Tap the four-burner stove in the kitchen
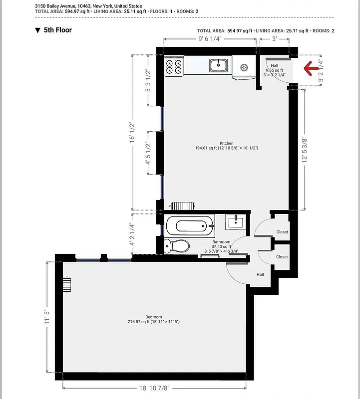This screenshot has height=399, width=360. coord(175,67)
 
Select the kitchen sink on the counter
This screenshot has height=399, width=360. coord(219,65)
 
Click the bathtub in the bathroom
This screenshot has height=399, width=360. coord(190,225)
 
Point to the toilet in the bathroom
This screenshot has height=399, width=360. coord(178,245)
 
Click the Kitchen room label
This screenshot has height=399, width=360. coord(227,144)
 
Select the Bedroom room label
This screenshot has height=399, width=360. coord(153,317)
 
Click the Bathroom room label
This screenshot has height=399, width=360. coord(221,242)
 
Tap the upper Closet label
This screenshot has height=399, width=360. coord(282,232)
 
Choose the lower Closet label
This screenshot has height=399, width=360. coord(282,257)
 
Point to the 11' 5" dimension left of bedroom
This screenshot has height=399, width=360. coord(48,317)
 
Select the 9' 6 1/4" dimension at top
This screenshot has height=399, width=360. coord(210,39)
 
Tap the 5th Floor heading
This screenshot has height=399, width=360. coord(57,30)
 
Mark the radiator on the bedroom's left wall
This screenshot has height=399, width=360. coord(67,284)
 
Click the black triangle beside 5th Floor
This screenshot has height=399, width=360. coord(37,30)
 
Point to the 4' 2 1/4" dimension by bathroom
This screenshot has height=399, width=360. coord(133,234)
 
